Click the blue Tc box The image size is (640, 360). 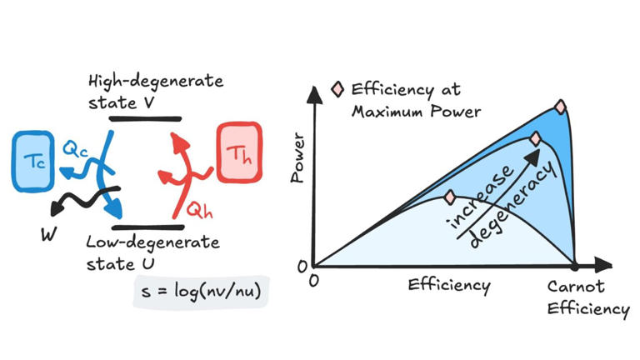click(x=34, y=160)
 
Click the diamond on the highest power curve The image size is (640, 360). click(x=560, y=107)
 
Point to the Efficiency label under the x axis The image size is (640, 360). click(x=448, y=286)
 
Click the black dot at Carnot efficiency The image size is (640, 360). click(x=574, y=267)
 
